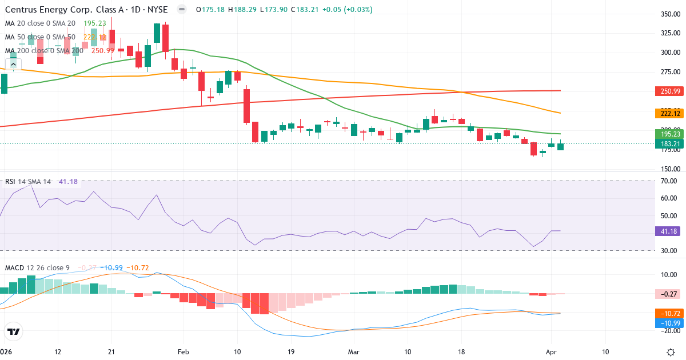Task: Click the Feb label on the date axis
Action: [183, 351]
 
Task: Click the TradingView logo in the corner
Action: [14, 331]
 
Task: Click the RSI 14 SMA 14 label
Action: [27, 182]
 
